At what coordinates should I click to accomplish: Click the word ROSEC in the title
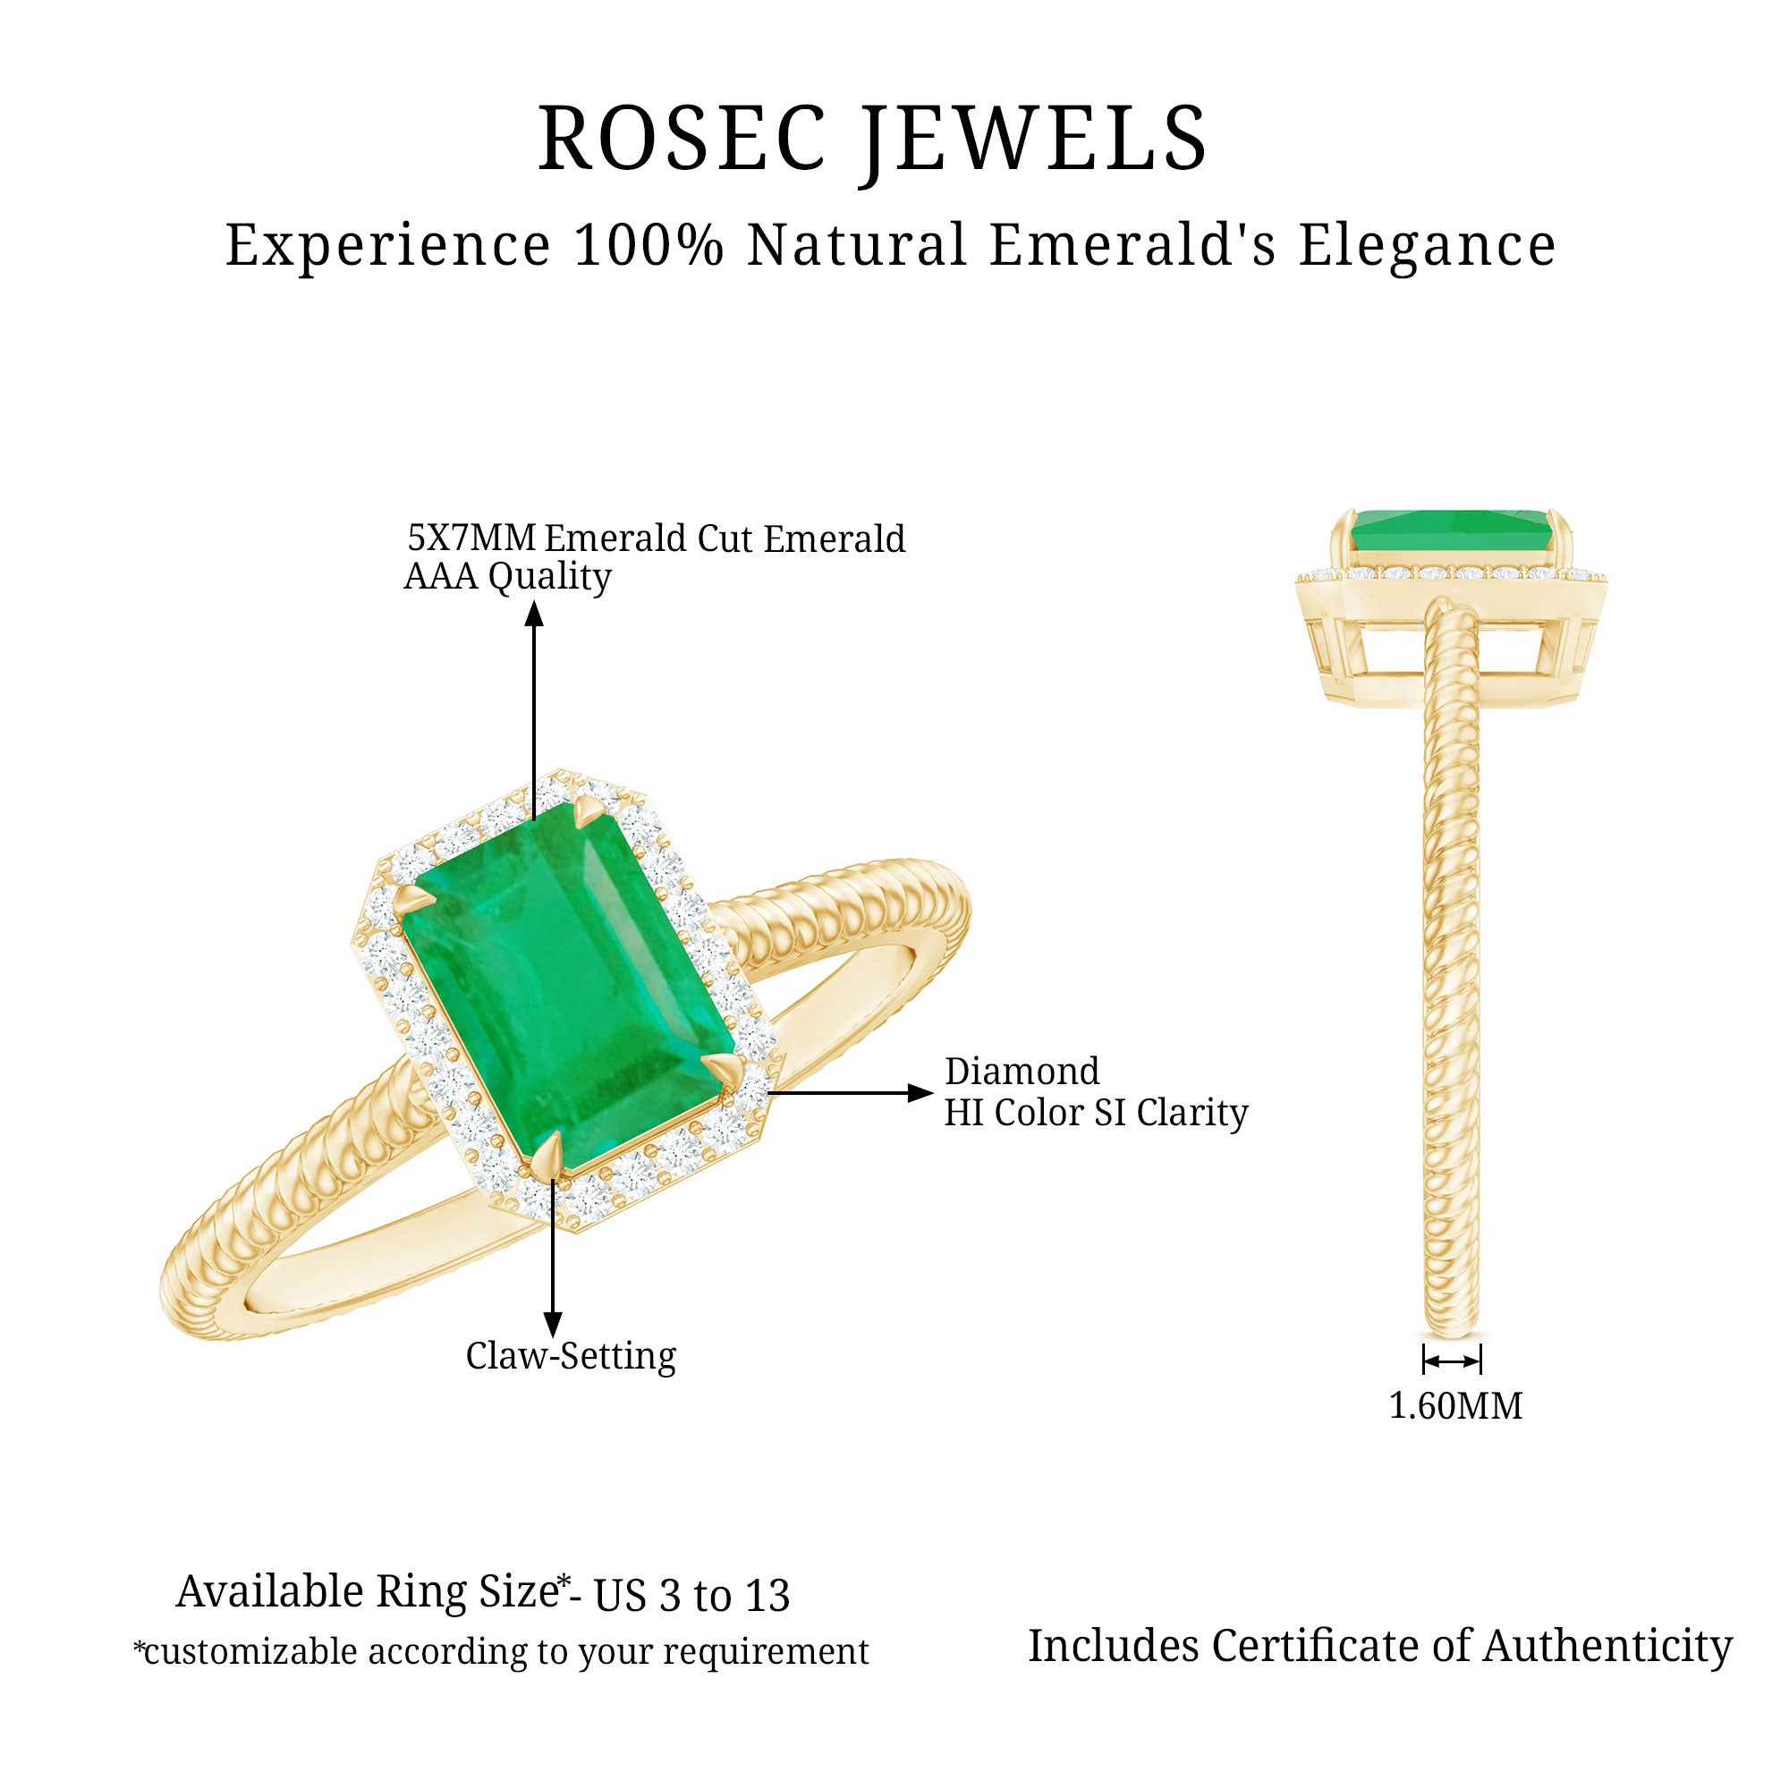point(682,139)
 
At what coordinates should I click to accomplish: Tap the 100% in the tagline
point(648,245)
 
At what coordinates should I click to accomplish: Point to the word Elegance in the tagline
point(1426,247)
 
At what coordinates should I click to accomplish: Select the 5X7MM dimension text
point(471,537)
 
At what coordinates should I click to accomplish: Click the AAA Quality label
point(507,577)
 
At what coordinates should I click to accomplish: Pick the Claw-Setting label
point(571,1356)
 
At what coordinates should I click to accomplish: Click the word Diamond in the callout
point(1022,1072)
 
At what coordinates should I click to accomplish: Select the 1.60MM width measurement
point(1454,1405)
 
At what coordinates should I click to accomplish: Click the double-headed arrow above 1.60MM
point(1451,1361)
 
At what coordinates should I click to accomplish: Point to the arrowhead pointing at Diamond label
point(920,1093)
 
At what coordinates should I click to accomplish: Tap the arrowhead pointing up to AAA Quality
point(534,615)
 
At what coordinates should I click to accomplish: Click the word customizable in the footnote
point(250,1652)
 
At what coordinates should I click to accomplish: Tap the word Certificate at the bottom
point(1316,1647)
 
